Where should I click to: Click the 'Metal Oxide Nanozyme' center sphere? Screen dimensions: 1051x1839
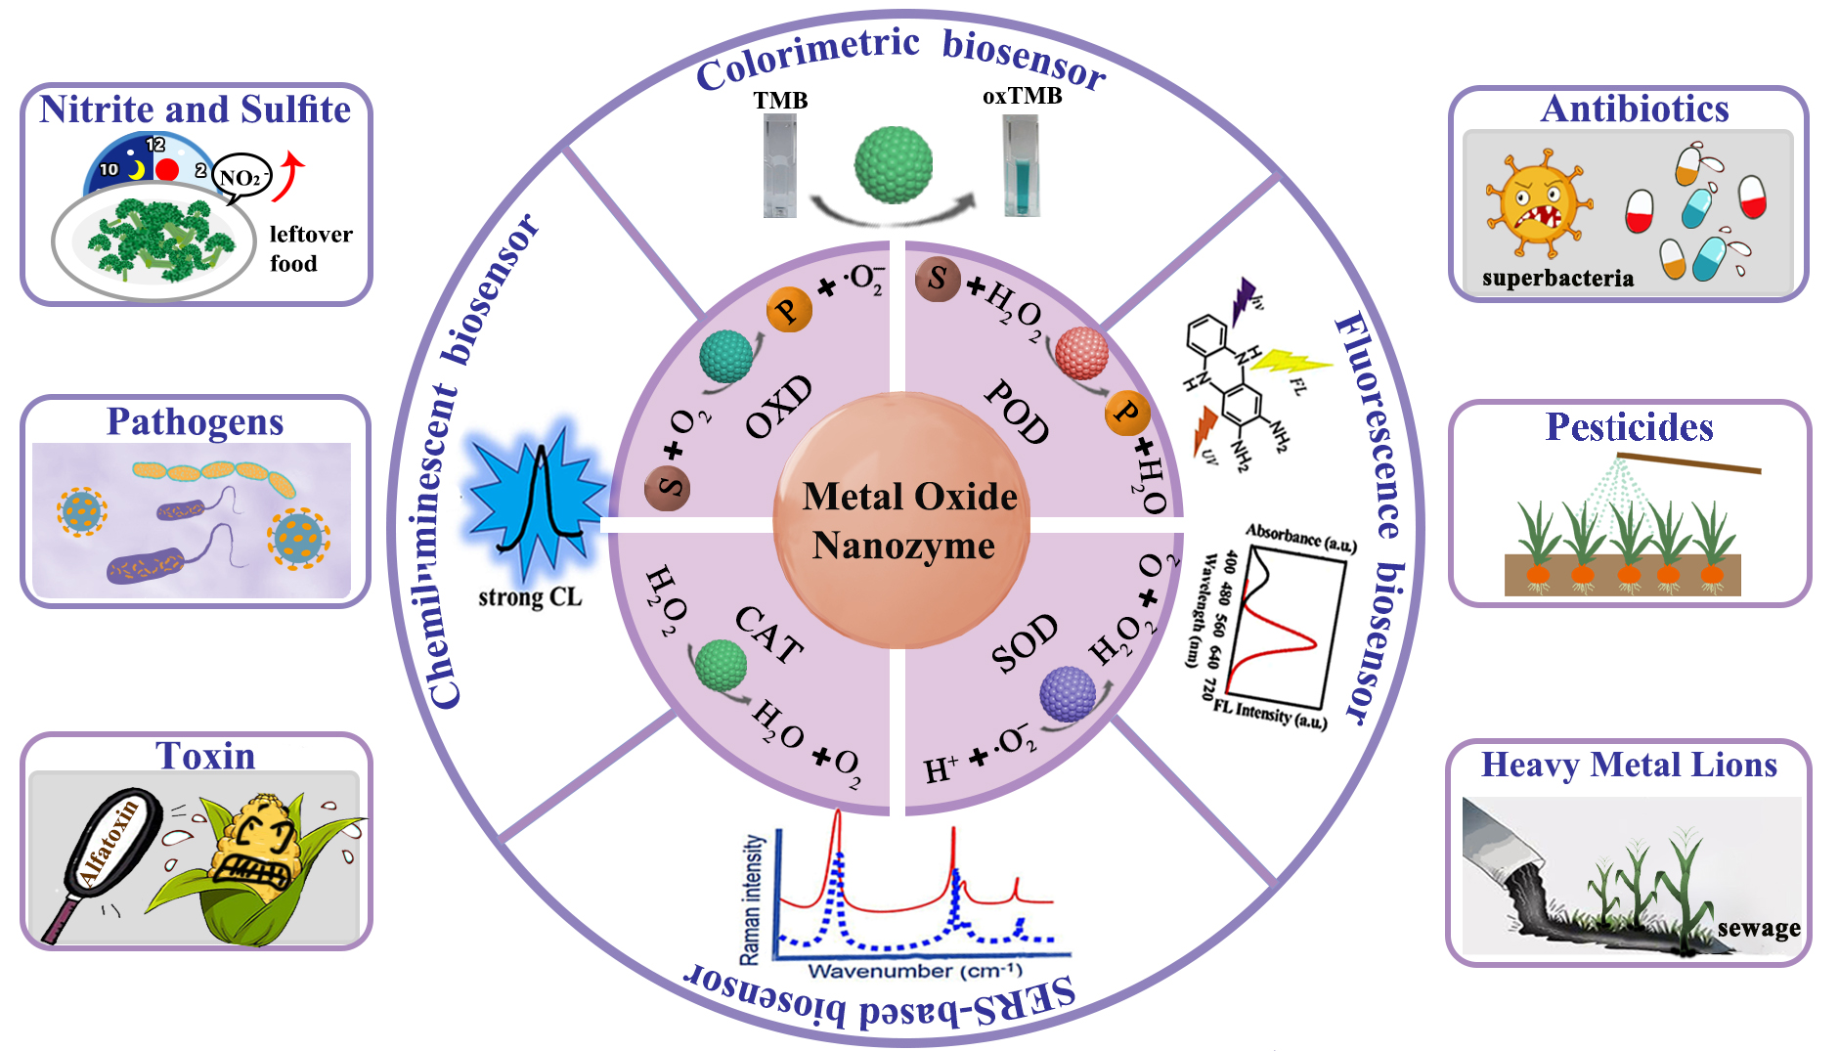[x=902, y=520]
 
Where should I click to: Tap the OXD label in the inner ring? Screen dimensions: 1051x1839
[x=779, y=406]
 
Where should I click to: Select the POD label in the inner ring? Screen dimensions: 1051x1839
[x=1017, y=411]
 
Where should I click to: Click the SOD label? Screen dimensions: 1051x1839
[x=1024, y=643]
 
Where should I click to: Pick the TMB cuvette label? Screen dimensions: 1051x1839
[x=780, y=101]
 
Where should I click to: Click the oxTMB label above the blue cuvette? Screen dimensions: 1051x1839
[x=1022, y=96]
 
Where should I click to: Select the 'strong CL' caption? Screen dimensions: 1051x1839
[x=530, y=597]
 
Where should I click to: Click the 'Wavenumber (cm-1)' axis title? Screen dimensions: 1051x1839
[x=914, y=971]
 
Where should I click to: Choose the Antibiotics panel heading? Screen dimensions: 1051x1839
[x=1635, y=109]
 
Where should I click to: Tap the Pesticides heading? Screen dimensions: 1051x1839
[x=1629, y=427]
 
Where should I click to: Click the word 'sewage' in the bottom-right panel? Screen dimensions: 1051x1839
[x=1759, y=928]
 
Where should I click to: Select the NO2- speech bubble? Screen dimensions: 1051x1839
[x=241, y=178]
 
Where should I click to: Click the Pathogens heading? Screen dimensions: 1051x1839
[x=195, y=422]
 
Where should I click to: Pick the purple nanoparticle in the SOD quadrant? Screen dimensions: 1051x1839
[x=1067, y=693]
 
